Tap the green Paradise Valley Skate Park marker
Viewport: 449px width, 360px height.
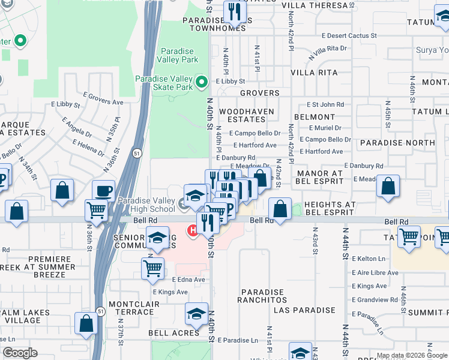click(202, 80)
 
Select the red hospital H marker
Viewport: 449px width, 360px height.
click(193, 230)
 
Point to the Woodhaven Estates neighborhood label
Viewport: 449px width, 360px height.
click(246, 115)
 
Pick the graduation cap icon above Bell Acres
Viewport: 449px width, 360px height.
click(196, 314)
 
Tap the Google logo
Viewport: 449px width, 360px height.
click(19, 353)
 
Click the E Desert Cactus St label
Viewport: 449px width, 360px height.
click(349, 36)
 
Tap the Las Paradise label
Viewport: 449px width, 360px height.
click(304, 310)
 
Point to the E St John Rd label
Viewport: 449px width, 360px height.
click(325, 104)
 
